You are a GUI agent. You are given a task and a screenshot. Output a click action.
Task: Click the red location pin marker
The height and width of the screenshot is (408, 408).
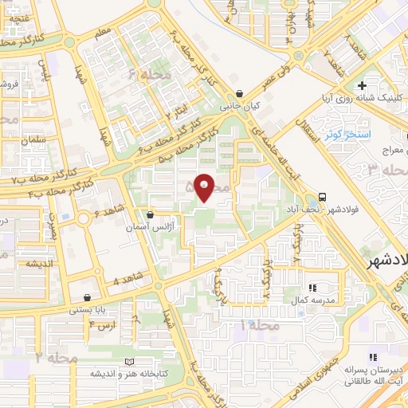[x=205, y=188]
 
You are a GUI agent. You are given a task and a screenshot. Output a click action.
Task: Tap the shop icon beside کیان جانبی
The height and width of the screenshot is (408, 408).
[x=240, y=94]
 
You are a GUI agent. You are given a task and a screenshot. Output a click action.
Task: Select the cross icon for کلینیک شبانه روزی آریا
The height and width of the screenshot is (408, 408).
[x=363, y=85]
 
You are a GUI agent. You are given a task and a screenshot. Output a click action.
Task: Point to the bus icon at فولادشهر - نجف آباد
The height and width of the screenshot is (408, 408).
[x=323, y=196]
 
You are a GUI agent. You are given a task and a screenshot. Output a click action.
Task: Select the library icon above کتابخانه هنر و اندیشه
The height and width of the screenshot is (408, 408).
[x=129, y=361]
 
